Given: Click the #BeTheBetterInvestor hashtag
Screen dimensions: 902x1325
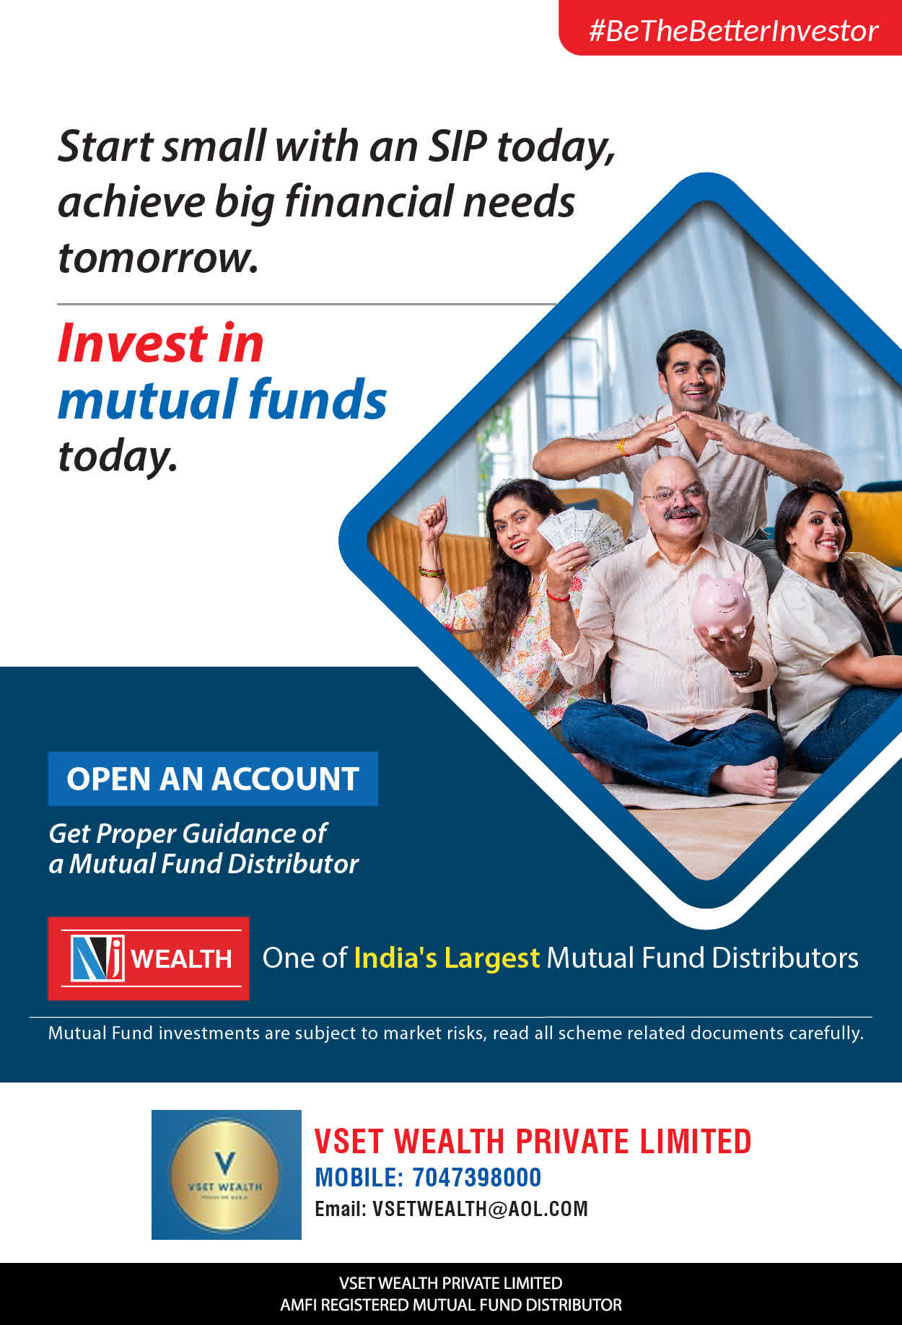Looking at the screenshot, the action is coord(733,31).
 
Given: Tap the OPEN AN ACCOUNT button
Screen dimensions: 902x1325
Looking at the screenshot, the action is coord(213,779).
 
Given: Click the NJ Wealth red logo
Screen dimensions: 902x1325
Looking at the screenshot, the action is coord(149,958).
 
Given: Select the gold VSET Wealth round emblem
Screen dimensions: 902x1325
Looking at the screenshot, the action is coord(225,1175).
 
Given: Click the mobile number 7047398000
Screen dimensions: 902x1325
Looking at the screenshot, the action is coord(476,1178).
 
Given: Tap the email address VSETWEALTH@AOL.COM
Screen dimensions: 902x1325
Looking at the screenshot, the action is coord(480,1209).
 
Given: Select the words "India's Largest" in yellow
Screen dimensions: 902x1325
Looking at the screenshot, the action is coord(447,958).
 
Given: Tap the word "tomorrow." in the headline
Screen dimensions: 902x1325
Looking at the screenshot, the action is coord(158,258).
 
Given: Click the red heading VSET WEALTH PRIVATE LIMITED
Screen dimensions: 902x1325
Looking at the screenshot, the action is coord(533,1142).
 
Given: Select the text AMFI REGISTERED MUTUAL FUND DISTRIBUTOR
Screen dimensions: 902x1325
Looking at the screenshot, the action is coord(451,1305).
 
